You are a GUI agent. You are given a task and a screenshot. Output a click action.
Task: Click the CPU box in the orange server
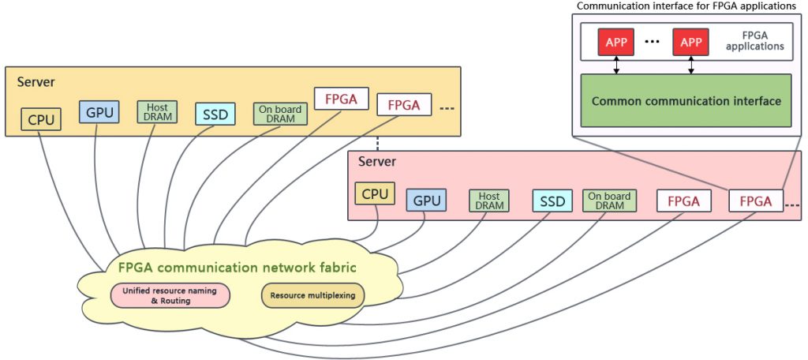click(x=41, y=120)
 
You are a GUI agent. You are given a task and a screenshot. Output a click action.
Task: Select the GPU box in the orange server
click(x=99, y=112)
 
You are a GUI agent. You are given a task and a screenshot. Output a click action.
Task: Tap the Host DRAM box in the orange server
click(x=156, y=112)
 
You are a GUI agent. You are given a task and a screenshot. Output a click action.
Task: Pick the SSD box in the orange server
click(x=215, y=114)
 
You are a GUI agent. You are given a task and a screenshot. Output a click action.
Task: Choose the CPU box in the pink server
click(x=375, y=193)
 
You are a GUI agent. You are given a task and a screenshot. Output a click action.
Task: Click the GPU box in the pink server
click(x=427, y=201)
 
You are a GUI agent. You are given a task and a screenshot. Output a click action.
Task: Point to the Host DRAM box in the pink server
click(x=489, y=201)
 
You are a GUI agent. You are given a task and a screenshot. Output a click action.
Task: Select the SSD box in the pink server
click(x=552, y=201)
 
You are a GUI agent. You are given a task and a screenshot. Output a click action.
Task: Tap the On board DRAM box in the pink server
click(x=608, y=201)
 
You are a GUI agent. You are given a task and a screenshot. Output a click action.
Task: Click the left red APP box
click(x=616, y=42)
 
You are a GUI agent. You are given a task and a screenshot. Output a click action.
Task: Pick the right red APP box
click(x=691, y=42)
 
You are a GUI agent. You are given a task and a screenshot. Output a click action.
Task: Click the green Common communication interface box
click(x=686, y=101)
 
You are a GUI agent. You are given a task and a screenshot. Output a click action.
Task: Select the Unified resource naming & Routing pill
click(x=170, y=296)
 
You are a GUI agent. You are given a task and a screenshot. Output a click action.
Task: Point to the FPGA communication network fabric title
click(x=238, y=268)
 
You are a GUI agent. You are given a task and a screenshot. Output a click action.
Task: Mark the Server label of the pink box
click(x=377, y=162)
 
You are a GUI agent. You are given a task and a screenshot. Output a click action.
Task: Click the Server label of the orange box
click(x=36, y=82)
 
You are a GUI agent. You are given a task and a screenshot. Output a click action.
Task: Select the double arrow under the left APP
click(x=616, y=66)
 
